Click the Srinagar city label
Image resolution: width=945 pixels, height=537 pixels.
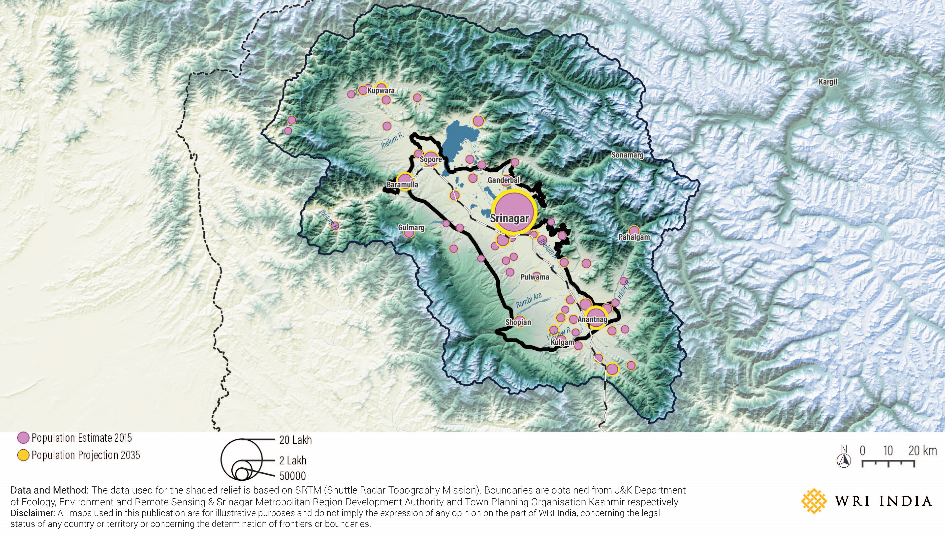coord(510,219)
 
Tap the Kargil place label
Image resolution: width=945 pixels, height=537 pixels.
coord(828,82)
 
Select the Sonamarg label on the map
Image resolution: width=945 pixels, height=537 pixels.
coord(627,155)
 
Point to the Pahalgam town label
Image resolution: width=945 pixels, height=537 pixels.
coord(634,237)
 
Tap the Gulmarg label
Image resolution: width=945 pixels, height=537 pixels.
coord(411,228)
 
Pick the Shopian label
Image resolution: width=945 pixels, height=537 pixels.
coord(518,322)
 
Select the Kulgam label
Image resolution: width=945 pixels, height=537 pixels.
coord(562,343)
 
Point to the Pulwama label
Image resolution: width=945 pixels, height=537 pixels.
coord(535,277)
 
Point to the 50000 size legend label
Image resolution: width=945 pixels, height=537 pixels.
coord(293,476)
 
